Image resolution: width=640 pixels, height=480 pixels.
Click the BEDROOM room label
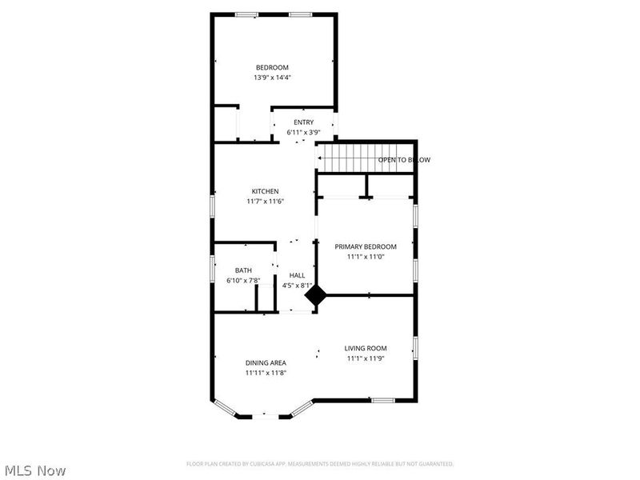[272, 67]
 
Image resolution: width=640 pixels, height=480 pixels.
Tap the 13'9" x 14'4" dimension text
[272, 78]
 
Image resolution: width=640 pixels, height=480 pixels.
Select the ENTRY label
[303, 122]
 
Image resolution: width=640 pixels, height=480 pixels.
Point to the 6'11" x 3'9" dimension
[303, 132]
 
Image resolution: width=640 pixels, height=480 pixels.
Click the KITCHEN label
[265, 191]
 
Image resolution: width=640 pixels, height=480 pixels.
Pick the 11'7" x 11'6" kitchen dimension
[265, 202]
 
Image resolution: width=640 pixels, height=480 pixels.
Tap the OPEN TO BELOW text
[404, 160]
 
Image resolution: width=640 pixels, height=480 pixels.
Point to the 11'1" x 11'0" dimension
[366, 257]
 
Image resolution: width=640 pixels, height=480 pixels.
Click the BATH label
[243, 270]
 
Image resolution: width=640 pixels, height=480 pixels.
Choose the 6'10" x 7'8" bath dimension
[243, 281]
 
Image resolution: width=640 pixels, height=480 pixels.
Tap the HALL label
[297, 275]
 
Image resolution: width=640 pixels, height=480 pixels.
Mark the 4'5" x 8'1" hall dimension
[297, 286]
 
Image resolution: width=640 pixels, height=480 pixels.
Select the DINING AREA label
[266, 362]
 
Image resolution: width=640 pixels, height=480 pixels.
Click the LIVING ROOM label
[366, 348]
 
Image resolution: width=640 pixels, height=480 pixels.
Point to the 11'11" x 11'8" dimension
[266, 373]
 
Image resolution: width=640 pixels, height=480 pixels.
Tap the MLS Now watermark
[35, 470]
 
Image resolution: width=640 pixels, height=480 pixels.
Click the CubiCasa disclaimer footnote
[320, 464]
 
